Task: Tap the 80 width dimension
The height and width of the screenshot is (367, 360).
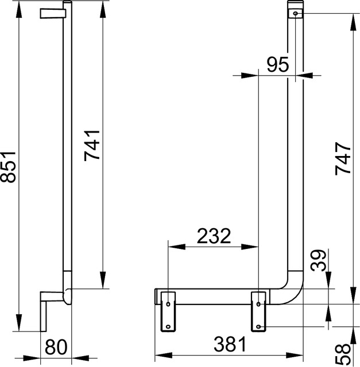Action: click(57, 348)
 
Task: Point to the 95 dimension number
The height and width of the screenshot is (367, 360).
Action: click(277, 64)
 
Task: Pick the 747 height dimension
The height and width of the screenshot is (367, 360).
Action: click(343, 158)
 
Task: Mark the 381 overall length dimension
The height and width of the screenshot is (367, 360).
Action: click(228, 344)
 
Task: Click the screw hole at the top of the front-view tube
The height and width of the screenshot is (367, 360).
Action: click(295, 13)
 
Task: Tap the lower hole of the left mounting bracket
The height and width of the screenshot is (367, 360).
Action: click(168, 326)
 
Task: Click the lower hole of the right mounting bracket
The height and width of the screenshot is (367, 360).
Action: click(260, 326)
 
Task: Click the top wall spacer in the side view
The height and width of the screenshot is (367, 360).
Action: click(51, 13)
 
